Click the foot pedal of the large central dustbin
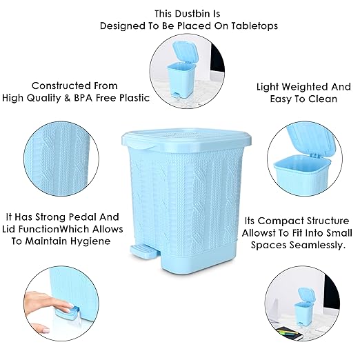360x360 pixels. pyautogui.click(x=141, y=250)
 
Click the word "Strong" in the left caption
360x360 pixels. pyautogui.click(x=50, y=216)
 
